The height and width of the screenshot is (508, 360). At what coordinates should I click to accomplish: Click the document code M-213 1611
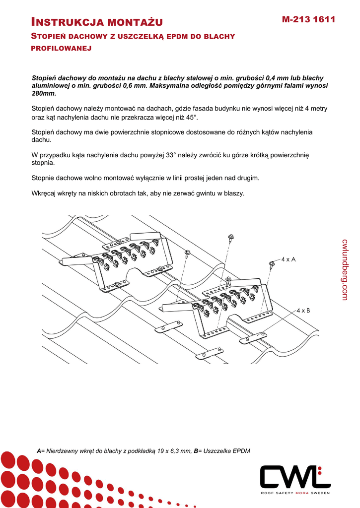308,19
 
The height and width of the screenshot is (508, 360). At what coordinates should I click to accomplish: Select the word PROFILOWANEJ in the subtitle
62,49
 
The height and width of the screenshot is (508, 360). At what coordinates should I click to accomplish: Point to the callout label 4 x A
288,259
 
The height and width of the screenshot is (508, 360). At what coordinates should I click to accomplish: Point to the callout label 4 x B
303,311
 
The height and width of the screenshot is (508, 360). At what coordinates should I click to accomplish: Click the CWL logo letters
295,477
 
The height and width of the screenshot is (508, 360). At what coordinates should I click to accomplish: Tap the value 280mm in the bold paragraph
44,93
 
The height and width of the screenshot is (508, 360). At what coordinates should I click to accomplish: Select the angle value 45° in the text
191,117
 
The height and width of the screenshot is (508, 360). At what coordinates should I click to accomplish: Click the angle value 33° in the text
172,155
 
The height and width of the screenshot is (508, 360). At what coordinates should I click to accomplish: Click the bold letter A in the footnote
39,451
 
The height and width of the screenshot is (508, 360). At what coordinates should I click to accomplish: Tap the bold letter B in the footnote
196,451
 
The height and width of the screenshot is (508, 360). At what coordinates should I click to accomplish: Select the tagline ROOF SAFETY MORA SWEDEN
295,493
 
